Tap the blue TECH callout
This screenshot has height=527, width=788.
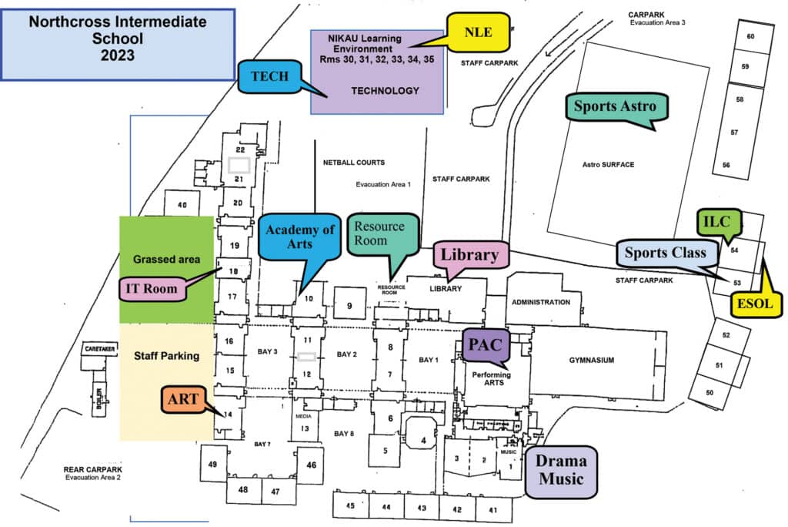coord(269,76)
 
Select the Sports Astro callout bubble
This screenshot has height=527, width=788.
coord(617,106)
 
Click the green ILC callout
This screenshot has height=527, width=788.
coord(718,222)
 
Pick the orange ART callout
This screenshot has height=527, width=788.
coord(183,399)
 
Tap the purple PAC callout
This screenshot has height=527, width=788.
coord(485,344)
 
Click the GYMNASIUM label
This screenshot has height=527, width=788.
coord(591,360)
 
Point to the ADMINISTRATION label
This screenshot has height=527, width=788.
coord(541,302)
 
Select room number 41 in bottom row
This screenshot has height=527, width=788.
coord(492,509)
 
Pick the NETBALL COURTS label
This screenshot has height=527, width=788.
coord(354,163)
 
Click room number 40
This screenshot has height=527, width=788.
coord(182,205)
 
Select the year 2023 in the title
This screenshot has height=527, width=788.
coord(117,55)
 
